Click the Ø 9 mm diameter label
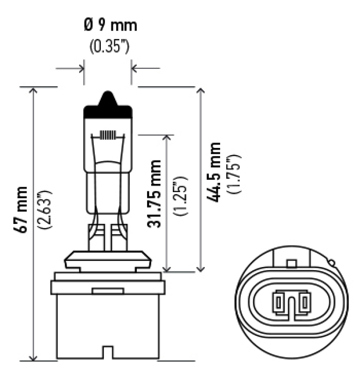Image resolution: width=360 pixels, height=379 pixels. (x=109, y=26)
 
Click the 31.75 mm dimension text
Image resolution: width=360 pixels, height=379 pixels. (x=155, y=193)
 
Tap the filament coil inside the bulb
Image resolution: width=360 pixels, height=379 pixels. (x=108, y=135)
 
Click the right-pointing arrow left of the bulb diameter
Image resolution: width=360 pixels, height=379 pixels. (x=81, y=69)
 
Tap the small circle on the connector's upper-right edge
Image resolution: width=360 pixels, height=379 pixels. (x=332, y=262)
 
